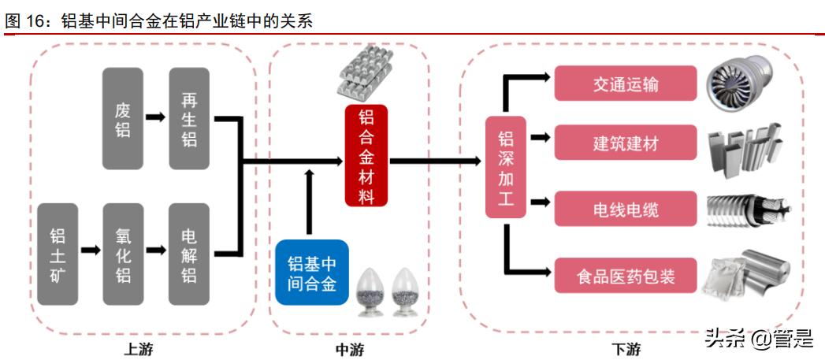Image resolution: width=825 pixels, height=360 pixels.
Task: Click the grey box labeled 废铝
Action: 123,118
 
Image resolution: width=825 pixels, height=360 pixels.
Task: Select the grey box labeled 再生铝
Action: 189,118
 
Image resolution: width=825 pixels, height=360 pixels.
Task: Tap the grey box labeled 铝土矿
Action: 58,254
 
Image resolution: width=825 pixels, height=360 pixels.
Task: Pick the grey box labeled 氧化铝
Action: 123,254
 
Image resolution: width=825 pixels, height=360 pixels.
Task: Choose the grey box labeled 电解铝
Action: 189,254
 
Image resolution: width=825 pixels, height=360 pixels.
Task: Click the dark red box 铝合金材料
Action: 366,155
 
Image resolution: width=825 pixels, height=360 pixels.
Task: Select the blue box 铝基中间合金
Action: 312,273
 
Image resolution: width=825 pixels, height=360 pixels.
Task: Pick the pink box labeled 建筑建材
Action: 626,143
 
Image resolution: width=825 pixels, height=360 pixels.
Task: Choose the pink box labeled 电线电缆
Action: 626,210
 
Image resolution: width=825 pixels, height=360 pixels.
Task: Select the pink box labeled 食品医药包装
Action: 626,276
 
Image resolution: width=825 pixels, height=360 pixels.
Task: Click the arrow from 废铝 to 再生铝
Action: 156,117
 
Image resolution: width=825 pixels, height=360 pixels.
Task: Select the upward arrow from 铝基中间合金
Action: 308,201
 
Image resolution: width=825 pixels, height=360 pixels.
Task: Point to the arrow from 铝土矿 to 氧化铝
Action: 91,251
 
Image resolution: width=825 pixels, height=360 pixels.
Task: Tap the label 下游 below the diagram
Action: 626,349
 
